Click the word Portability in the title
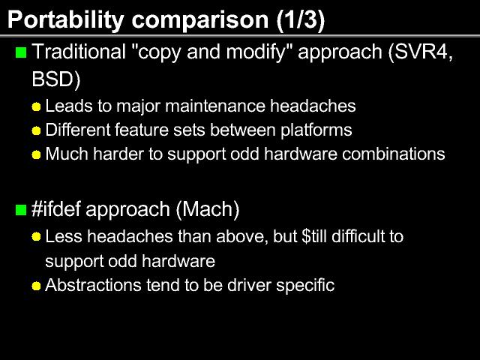click(66, 20)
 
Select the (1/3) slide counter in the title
click(301, 20)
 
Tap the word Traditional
click(79, 52)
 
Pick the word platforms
click(316, 130)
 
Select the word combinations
click(393, 154)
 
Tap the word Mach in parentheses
click(208, 210)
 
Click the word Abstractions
click(93, 285)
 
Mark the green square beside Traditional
click(21, 52)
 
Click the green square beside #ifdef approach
click(21, 210)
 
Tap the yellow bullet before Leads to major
click(36, 106)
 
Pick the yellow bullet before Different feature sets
click(36, 130)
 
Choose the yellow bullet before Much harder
click(36, 154)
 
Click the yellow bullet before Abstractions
click(36, 286)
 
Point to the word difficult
click(358, 236)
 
